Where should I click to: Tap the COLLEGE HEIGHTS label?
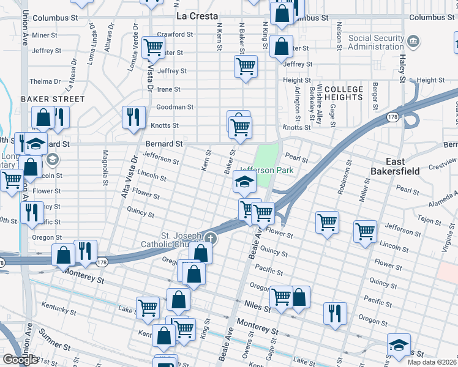343,93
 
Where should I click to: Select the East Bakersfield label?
395,166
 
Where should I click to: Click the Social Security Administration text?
376,42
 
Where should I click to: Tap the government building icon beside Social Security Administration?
414,42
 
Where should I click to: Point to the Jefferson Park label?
266,170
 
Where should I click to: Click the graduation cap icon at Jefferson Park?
244,182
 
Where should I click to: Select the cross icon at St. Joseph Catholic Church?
211,237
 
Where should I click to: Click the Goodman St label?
175,107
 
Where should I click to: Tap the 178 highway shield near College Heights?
392,116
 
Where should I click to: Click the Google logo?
20,360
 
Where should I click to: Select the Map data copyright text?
432,362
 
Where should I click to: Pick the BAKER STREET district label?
53,99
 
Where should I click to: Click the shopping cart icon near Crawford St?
152,46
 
